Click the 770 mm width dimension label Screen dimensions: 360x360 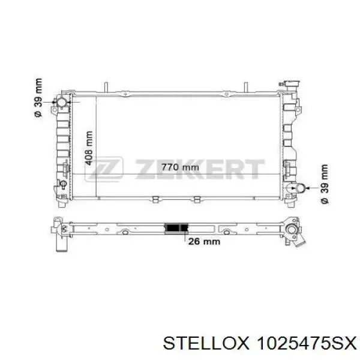pos(180,167)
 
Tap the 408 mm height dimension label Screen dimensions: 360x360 pos(89,148)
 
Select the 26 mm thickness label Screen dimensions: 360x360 pos(204,241)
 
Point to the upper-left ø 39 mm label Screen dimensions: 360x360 pos(38,98)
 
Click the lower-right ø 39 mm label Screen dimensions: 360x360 pos(325,184)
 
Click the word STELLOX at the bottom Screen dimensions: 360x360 pos(206,344)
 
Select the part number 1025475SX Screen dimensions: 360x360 pos(307,344)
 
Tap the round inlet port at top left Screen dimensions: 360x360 pos(62,102)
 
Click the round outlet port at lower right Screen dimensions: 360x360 pos(301,188)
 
